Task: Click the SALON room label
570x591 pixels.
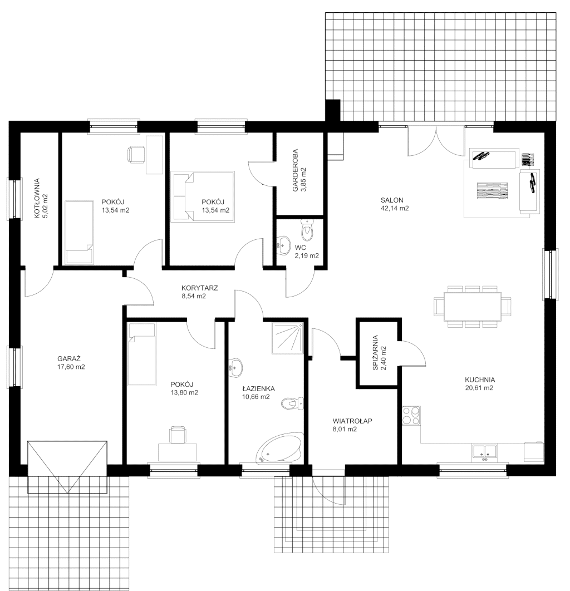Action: point(392,200)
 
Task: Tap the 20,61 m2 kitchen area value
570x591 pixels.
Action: point(479,388)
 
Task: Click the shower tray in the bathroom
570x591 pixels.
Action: point(287,338)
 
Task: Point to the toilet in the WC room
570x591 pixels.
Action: point(308,231)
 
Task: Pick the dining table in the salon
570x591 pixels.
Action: point(473,306)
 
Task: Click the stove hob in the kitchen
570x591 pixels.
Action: point(411,415)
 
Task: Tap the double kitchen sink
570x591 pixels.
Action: point(484,452)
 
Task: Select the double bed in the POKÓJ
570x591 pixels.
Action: point(203,197)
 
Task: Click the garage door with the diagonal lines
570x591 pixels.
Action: point(67,467)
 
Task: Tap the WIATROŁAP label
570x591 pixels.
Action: point(352,421)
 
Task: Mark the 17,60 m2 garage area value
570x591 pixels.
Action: point(71,367)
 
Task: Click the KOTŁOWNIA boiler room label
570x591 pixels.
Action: point(37,199)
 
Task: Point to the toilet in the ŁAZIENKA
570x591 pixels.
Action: point(293,403)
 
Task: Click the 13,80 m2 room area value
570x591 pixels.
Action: point(184,392)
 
